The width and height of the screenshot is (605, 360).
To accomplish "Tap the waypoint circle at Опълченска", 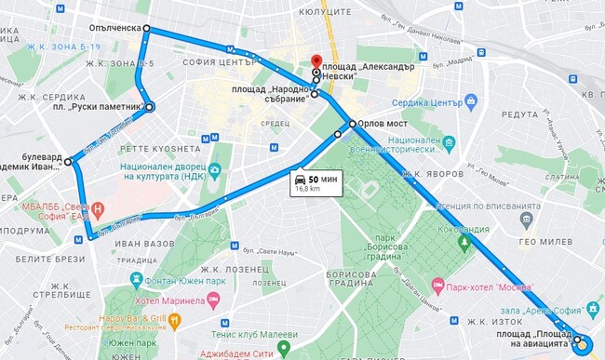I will (x=146, y=28).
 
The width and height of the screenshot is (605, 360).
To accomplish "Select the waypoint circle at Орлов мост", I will (x=352, y=123).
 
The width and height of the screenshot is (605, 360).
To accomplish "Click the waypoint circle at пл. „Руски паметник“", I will (x=150, y=107).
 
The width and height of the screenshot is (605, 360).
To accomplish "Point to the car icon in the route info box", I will (x=300, y=178).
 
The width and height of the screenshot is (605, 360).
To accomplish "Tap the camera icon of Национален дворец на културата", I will (x=214, y=170).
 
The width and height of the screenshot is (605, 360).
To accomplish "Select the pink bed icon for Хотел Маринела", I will (x=213, y=300).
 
